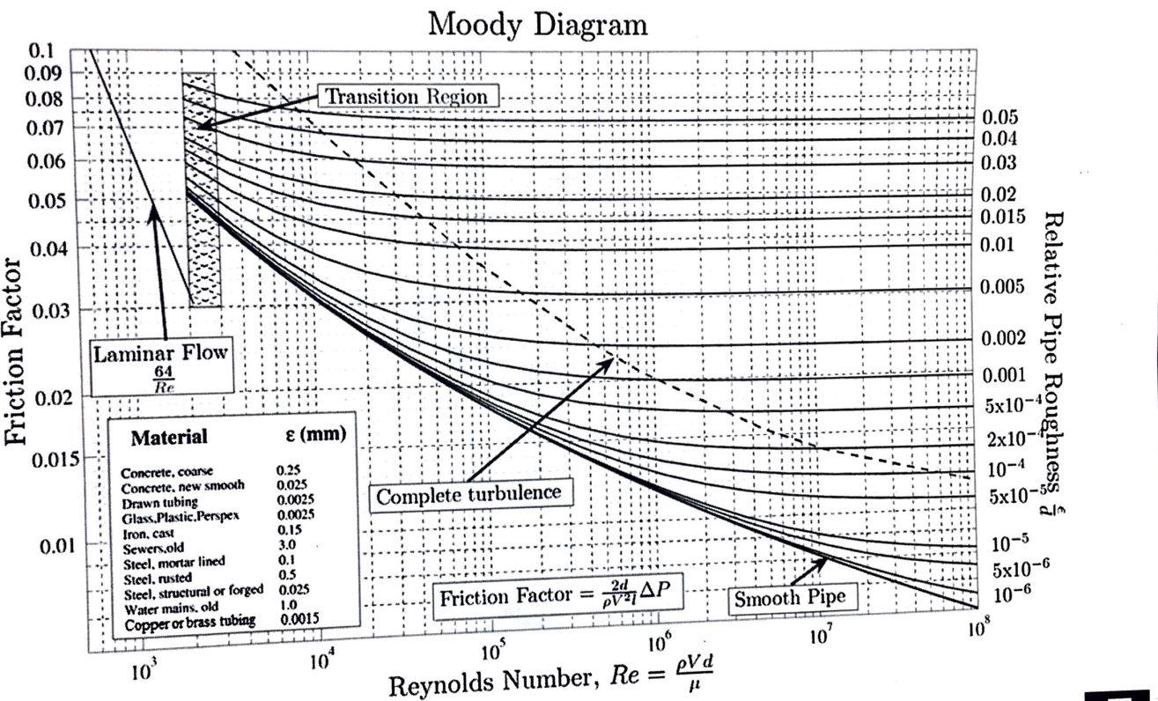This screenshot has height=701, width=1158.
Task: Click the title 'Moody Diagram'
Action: [x=537, y=24]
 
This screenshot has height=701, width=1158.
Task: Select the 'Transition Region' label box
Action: [x=406, y=96]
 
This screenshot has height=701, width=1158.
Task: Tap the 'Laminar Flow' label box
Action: [x=160, y=365]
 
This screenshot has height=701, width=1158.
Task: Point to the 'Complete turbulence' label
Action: [x=468, y=495]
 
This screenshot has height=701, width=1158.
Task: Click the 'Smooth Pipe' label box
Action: [x=790, y=598]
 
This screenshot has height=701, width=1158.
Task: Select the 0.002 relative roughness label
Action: [x=1004, y=338]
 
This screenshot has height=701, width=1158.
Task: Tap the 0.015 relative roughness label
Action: [x=1004, y=217]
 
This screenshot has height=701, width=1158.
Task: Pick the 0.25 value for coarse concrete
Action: [x=288, y=471]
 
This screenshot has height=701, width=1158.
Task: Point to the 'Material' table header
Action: [x=169, y=438]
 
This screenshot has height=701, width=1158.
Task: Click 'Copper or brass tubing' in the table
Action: [x=189, y=622]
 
